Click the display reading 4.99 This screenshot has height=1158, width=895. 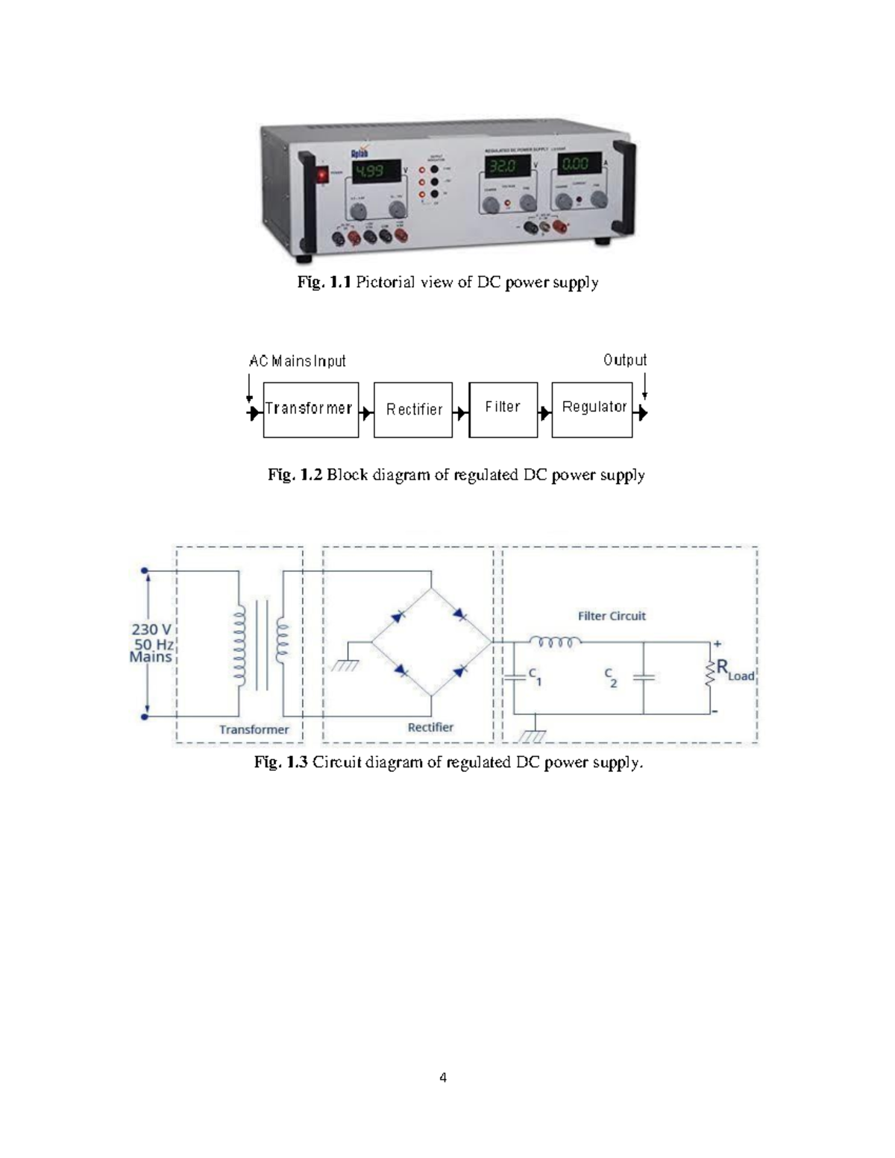tap(371, 174)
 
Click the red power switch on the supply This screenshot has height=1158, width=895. tap(322, 176)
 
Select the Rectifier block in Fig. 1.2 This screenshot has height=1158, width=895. tap(413, 409)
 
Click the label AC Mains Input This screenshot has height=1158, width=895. tap(297, 362)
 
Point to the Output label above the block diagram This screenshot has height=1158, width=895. tap(625, 360)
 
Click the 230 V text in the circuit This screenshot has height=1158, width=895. tap(151, 629)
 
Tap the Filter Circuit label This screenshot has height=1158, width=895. tap(612, 616)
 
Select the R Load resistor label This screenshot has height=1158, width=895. tap(735, 670)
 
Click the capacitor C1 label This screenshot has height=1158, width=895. tap(535, 676)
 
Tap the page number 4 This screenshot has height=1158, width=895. tap(443, 1077)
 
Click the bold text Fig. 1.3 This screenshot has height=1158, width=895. tap(280, 763)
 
